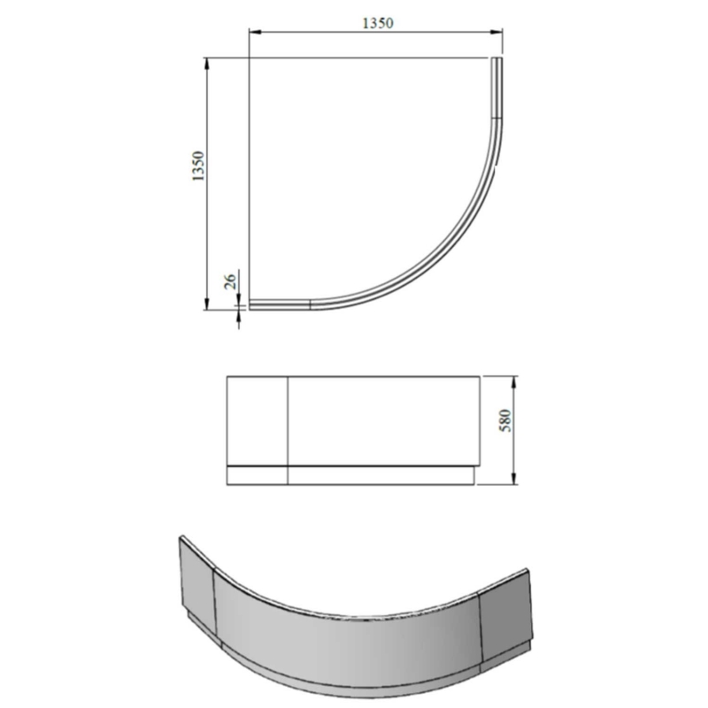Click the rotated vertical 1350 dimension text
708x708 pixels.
[198, 168]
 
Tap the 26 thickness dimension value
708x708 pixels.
[230, 282]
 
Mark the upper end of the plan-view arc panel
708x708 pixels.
[496, 61]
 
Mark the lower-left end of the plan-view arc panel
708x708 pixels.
[252, 305]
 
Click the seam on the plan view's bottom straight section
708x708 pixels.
[310, 305]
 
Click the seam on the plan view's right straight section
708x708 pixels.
[496, 118]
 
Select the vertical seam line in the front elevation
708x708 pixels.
[289, 429]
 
